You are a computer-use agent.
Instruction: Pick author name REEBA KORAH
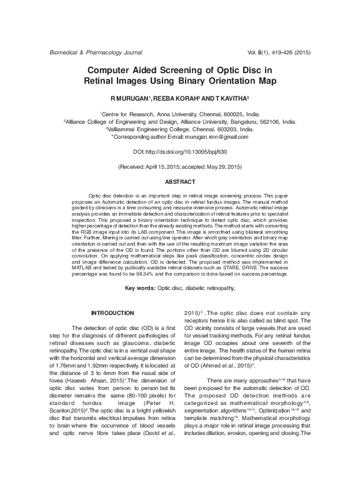177,99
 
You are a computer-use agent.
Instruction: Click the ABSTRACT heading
180,181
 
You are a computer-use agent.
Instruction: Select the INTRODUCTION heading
112,312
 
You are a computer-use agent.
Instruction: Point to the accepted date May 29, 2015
221,167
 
